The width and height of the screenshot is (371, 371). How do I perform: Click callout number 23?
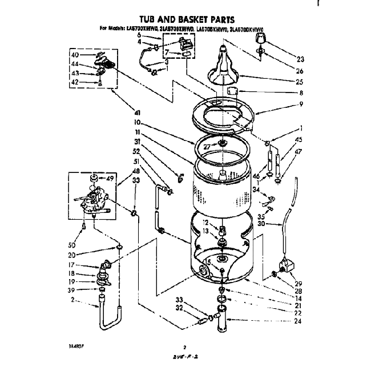click(301, 59)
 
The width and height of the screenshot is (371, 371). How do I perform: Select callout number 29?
click(299, 283)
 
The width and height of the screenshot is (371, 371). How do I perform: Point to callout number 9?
click(300, 104)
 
